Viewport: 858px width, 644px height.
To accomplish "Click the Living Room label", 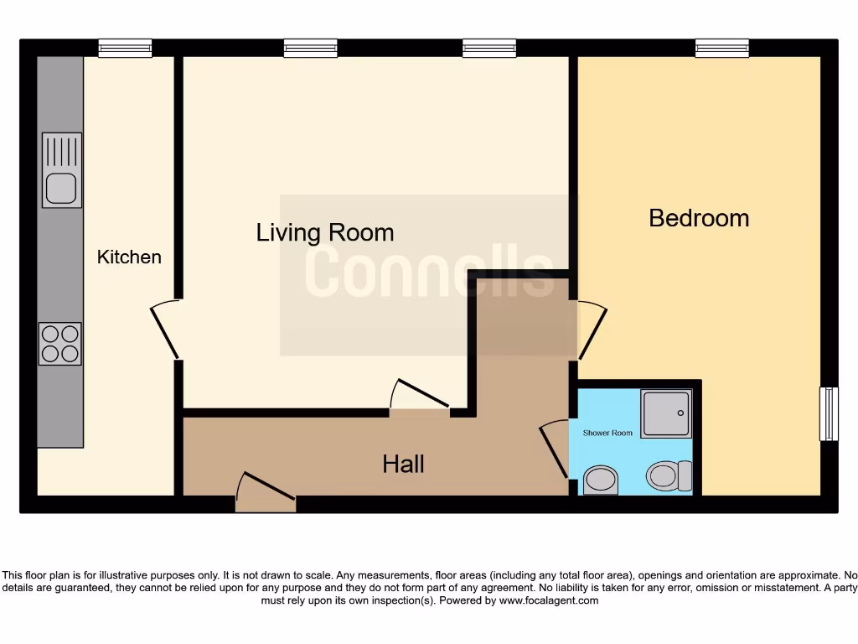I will click(x=325, y=232).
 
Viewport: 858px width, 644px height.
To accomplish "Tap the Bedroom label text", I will click(x=699, y=218).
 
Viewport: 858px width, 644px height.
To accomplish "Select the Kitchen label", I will click(x=129, y=257).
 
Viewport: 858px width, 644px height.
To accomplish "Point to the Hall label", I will click(x=403, y=464).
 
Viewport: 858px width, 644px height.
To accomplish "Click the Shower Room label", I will click(x=607, y=433).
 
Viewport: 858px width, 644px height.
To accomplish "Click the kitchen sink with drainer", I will click(x=62, y=170).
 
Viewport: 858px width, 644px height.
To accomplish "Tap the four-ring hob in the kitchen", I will click(x=60, y=344).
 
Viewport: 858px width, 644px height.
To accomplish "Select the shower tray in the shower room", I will click(x=666, y=413).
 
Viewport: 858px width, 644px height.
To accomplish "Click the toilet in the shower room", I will click(x=668, y=476).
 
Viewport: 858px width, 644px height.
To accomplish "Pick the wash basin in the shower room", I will click(x=600, y=480).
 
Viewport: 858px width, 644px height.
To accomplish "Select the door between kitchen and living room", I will click(x=166, y=330).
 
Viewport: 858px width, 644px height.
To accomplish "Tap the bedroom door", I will click(x=591, y=330).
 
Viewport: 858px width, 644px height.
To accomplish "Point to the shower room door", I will click(x=556, y=449).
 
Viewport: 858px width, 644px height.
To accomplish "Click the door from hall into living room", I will click(x=421, y=397).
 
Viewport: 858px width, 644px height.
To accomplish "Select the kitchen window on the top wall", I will click(x=125, y=49).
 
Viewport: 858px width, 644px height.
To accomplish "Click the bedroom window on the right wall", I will click(x=828, y=413).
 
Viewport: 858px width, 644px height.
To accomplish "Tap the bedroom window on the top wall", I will click(x=721, y=49).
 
